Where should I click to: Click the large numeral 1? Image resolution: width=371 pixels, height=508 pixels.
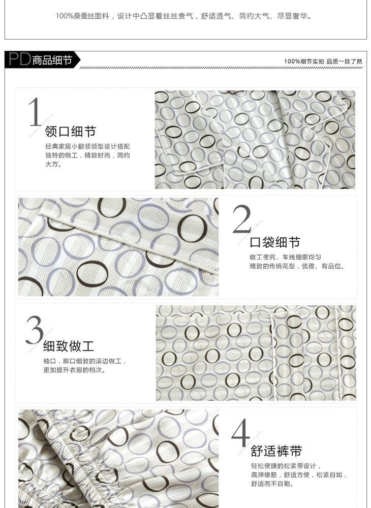35,112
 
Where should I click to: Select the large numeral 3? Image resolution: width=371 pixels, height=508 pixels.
35,330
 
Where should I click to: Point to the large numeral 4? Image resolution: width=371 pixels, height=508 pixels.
240,433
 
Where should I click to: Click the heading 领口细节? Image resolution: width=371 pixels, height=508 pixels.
71,132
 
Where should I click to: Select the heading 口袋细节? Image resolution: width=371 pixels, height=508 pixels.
275,242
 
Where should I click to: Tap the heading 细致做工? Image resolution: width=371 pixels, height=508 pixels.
69,346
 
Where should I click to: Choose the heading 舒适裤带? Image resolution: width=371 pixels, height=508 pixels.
276,451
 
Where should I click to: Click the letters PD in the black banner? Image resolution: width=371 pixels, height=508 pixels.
20,59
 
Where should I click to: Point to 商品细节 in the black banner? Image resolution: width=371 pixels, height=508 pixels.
52,60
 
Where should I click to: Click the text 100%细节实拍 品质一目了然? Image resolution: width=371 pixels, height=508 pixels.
323,61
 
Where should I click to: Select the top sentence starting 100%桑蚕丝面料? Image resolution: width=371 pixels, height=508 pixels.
184,16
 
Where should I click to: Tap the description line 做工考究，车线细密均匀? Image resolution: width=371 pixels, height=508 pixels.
285,257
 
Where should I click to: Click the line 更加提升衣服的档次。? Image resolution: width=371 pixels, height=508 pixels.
75,370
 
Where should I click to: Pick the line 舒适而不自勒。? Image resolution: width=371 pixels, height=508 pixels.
273,484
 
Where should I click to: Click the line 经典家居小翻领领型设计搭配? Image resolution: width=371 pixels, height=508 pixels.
87,146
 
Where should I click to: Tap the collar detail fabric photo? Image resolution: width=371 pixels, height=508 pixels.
255,140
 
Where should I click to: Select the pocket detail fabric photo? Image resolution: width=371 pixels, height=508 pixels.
118,247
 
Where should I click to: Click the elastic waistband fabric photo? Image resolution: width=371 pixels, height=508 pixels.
118,459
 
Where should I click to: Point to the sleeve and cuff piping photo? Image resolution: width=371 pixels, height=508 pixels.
256,353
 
